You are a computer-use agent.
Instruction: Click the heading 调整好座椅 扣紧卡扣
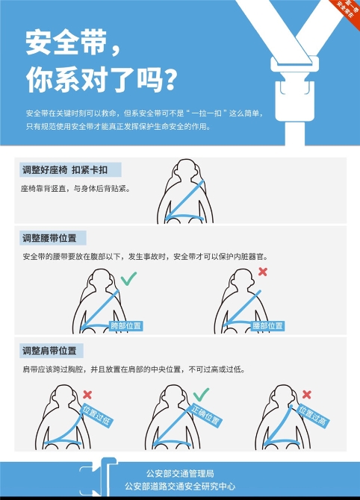pos(65,170)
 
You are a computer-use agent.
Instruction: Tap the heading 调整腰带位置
pos(49,238)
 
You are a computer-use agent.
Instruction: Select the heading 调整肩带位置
pos(49,351)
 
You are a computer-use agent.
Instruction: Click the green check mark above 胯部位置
pos(128,278)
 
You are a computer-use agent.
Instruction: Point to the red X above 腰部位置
pos(263,272)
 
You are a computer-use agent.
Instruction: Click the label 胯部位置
pos(125,326)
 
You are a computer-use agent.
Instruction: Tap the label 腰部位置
pos(267,326)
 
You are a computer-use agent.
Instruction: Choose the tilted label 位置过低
pos(96,415)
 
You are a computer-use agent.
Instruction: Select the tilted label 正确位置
pos(205,415)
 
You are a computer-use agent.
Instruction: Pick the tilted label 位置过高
pos(312,416)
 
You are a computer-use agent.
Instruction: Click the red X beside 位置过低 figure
pos(87,395)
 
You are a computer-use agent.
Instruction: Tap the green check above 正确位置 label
pos(201,395)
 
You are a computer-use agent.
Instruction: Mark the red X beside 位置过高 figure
pos(307,395)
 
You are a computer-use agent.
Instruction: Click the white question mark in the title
pos(171,79)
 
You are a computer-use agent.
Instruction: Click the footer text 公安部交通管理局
pos(180,474)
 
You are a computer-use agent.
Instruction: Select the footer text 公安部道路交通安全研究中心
pos(180,487)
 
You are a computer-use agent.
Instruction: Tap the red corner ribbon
pos(347,11)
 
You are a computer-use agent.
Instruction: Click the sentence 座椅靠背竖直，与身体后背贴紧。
pos(75,189)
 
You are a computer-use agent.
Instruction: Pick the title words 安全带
pos(66,43)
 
